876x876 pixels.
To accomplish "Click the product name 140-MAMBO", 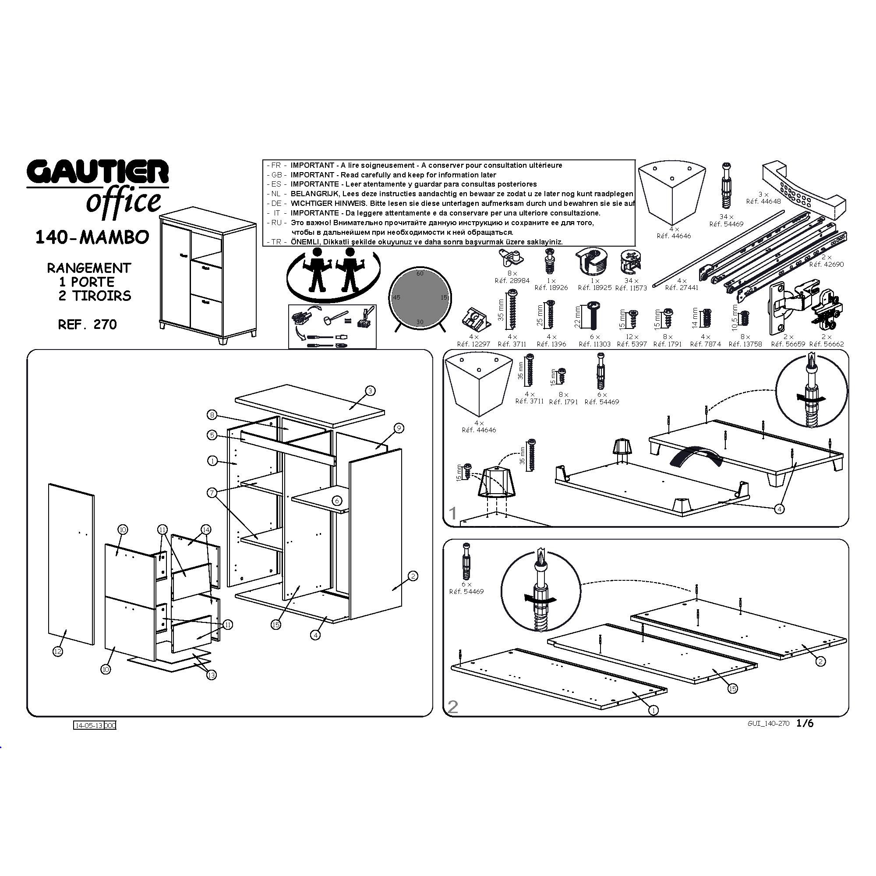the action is coord(92,237).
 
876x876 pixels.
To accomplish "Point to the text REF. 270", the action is coord(88,324).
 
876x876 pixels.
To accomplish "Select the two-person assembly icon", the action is coord(333,274).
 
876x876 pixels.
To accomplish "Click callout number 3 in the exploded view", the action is coord(370,391).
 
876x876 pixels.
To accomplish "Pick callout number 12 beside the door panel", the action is coord(57,652).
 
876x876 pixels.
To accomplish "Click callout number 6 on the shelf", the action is coord(337,501).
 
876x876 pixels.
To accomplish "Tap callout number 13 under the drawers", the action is coord(211,675).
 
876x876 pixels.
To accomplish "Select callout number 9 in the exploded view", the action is coord(399,427).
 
